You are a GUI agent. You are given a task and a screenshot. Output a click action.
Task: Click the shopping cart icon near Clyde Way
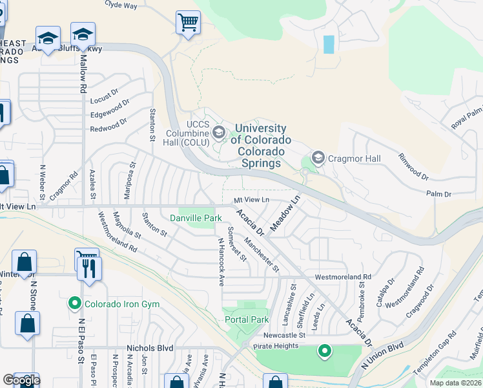tap(188, 23)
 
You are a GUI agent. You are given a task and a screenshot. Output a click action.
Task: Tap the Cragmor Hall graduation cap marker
tap(318, 158)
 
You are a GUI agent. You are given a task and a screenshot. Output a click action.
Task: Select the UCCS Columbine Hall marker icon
tap(219, 133)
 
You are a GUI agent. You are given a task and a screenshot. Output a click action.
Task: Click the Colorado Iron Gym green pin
tap(76, 303)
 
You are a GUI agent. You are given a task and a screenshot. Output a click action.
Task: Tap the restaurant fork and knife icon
tap(90, 267)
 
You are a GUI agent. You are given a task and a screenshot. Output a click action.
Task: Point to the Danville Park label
tap(195, 219)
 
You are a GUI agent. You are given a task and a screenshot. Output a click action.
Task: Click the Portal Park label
tap(246, 319)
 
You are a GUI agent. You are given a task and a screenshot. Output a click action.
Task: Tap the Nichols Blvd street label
tap(150, 347)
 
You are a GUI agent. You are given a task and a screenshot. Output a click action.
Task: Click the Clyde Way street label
tap(121, 5)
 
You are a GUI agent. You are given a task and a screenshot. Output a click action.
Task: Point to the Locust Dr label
tap(105, 98)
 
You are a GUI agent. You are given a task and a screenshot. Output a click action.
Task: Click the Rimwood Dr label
tap(413, 166)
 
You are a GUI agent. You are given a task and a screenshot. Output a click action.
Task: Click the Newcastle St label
tap(284, 336)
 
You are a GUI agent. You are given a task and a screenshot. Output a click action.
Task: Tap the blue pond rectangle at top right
tap(329, 44)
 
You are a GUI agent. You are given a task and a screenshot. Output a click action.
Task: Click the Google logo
tap(21, 380)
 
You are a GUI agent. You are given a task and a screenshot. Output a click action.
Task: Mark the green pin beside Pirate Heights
tap(324, 351)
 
